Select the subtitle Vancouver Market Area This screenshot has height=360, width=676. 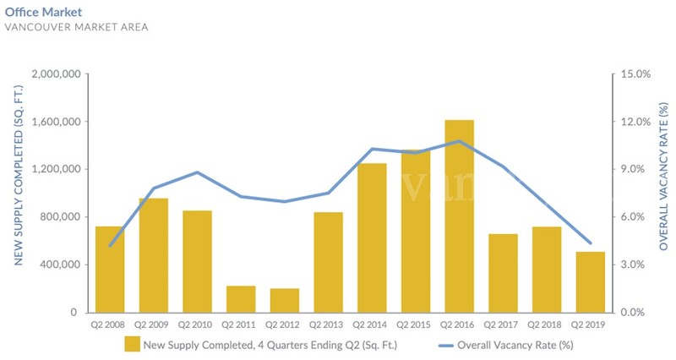[x=77, y=28]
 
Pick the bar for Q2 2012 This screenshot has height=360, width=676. [x=284, y=300]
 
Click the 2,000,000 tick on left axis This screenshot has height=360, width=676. [x=55, y=74]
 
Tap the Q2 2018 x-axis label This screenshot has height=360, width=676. [x=547, y=324]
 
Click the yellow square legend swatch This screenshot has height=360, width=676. [x=131, y=344]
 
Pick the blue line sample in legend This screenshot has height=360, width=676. [x=454, y=345]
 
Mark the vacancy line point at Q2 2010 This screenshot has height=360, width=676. [x=197, y=172]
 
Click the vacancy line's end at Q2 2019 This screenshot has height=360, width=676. [x=590, y=243]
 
